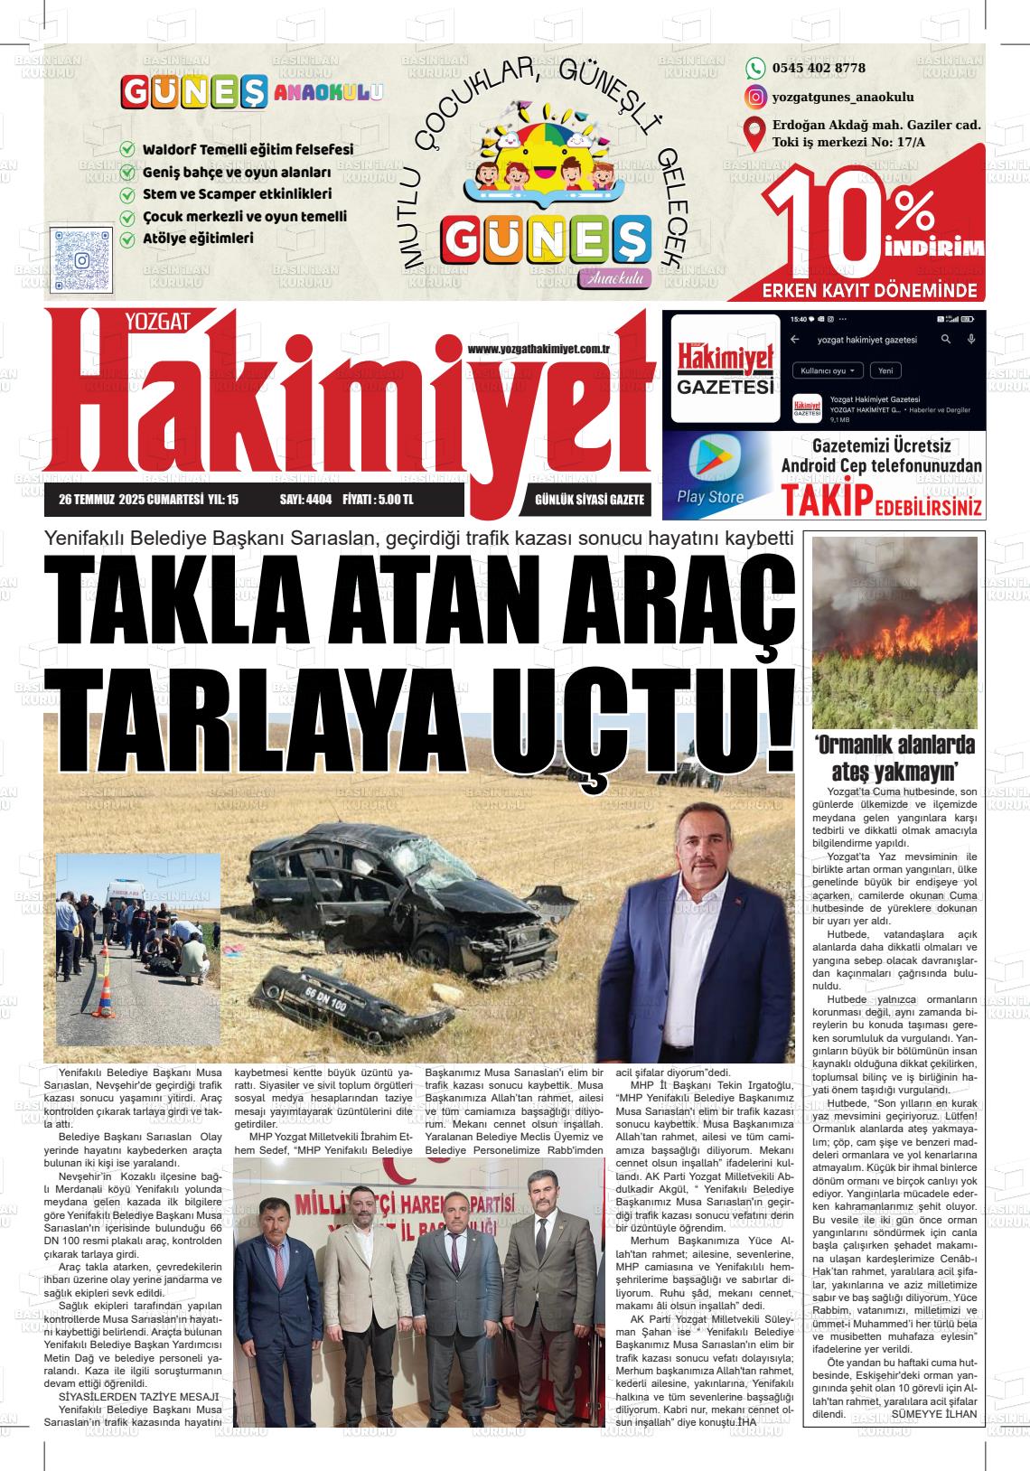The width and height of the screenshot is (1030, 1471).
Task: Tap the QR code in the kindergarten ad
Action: click(x=81, y=259)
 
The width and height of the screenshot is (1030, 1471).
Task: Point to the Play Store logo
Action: click(x=711, y=460)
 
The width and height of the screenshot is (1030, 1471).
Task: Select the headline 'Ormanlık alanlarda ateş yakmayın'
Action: click(x=894, y=758)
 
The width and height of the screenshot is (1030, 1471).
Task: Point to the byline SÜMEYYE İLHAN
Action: click(x=934, y=1413)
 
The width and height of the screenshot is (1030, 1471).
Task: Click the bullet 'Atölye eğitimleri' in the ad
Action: click(x=198, y=239)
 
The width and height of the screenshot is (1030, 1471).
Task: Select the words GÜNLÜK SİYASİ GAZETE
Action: click(x=589, y=499)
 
